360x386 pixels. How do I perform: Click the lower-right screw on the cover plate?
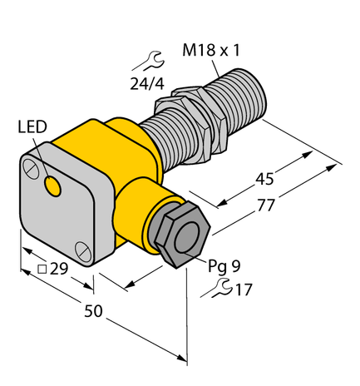click(x=81, y=249)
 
